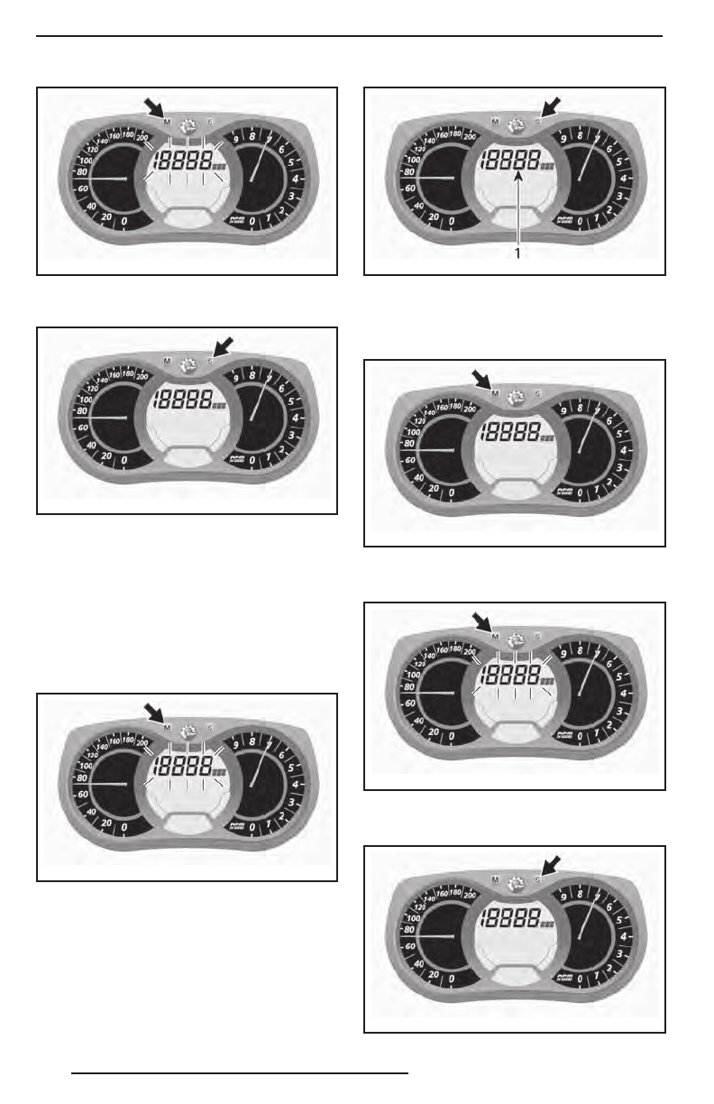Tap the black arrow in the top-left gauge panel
click(154, 107)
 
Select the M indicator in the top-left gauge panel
click(167, 120)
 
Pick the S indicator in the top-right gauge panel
click(537, 121)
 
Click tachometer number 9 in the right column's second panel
click(563, 410)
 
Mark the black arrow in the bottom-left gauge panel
click(154, 713)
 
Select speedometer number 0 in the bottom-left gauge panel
click(124, 825)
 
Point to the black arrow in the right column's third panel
click(483, 622)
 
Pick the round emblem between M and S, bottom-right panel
click(517, 880)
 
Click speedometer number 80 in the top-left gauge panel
click(82, 171)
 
